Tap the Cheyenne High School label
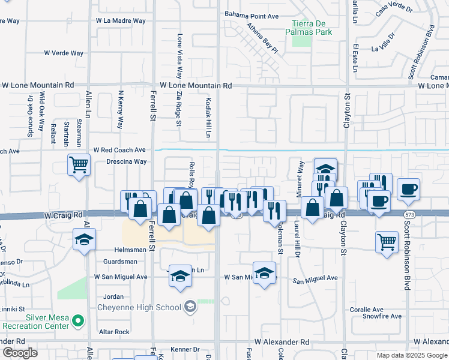click(139, 307)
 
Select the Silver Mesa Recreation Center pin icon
click(77, 322)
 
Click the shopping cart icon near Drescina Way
click(79, 164)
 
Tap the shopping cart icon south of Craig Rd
click(387, 242)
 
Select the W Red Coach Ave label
click(119, 149)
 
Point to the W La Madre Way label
click(121, 20)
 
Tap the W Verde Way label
click(64, 53)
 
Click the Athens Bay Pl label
click(262, 37)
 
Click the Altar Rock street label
click(115, 332)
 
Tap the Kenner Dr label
click(184, 349)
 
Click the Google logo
click(20, 353)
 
